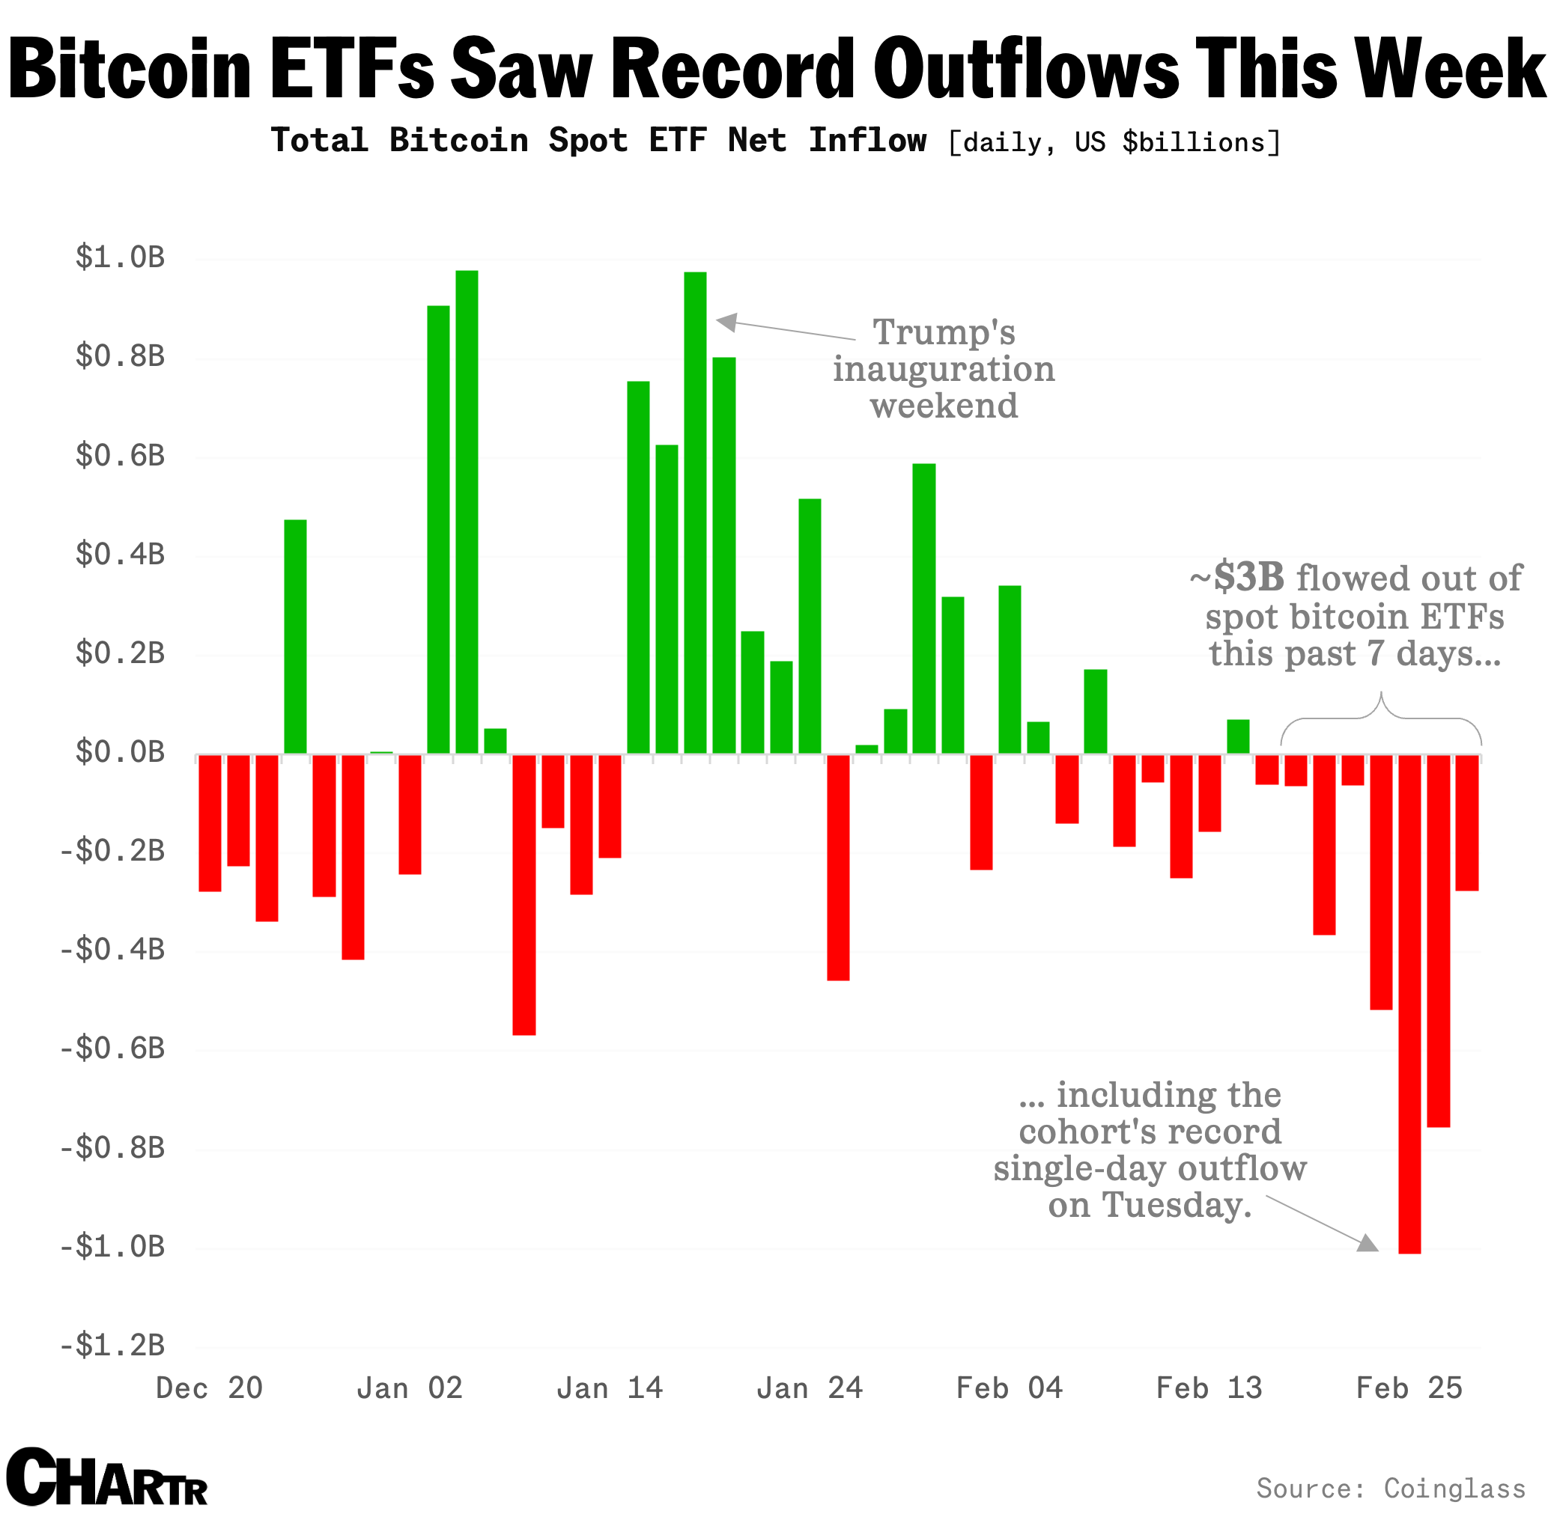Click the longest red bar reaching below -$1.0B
tap(1409, 1004)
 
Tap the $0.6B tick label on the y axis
tap(121, 456)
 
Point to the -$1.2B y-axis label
tap(113, 1346)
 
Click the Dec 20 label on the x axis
tap(209, 1389)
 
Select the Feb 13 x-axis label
tap(1209, 1389)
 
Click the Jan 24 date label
tap(809, 1389)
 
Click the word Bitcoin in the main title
tap(129, 70)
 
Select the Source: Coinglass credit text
tap(1390, 1489)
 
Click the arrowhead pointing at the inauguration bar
tap(726, 322)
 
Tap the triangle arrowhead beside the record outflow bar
tap(1367, 1244)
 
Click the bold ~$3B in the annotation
tap(1237, 578)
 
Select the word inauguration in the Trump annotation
tap(944, 369)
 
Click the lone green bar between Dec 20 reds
tap(295, 637)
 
